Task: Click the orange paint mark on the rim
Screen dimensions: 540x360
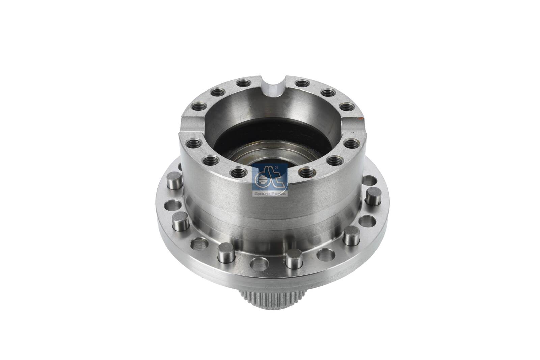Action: pyautogui.click(x=360, y=119)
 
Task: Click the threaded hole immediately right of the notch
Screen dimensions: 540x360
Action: pyautogui.click(x=302, y=83)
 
